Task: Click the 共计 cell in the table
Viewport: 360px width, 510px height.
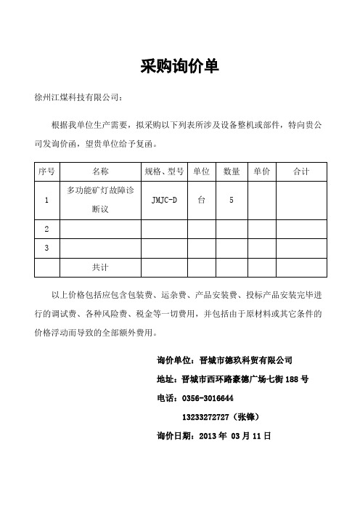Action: pos(101,267)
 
